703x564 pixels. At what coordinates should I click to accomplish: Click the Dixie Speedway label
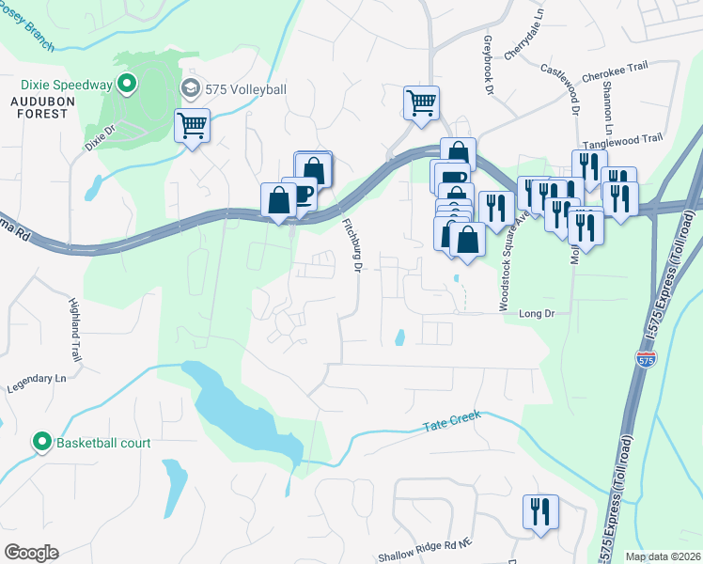tap(55, 85)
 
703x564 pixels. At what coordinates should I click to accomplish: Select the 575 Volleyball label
tap(241, 89)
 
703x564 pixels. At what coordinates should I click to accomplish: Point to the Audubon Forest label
tap(40, 106)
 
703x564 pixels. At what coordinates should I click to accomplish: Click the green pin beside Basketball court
tap(42, 442)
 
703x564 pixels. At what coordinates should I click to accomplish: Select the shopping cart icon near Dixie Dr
tap(192, 125)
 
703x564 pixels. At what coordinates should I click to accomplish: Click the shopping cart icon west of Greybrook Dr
tap(421, 102)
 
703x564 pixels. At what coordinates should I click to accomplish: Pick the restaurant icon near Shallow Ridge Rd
tap(539, 511)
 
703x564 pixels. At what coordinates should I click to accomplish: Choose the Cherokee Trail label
tap(617, 67)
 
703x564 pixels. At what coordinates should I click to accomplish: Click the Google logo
tap(31, 553)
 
